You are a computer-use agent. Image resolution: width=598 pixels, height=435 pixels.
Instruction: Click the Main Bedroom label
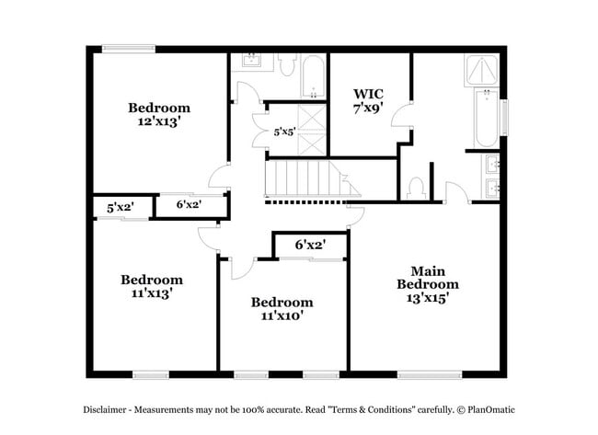(x=428, y=277)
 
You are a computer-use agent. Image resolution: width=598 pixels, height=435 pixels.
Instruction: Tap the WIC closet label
(x=368, y=93)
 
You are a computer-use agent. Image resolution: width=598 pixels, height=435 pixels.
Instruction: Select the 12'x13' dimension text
(x=159, y=120)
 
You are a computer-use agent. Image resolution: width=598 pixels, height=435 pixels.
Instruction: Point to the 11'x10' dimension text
(x=282, y=315)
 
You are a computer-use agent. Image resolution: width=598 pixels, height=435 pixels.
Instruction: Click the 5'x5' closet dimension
(x=284, y=132)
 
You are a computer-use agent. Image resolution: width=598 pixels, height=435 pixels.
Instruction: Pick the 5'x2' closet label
(x=121, y=207)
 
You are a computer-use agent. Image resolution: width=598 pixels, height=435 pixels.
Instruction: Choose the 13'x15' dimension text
(x=428, y=298)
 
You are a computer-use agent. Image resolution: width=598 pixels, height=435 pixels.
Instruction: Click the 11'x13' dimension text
(x=152, y=293)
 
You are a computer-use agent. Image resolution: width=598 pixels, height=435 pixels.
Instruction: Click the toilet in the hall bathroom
(x=285, y=67)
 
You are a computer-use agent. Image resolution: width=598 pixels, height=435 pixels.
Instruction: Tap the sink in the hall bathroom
(x=250, y=63)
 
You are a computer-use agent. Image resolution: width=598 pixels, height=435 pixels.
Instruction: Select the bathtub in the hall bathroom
(x=314, y=77)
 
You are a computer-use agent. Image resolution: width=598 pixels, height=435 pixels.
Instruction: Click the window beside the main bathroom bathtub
(x=503, y=115)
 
